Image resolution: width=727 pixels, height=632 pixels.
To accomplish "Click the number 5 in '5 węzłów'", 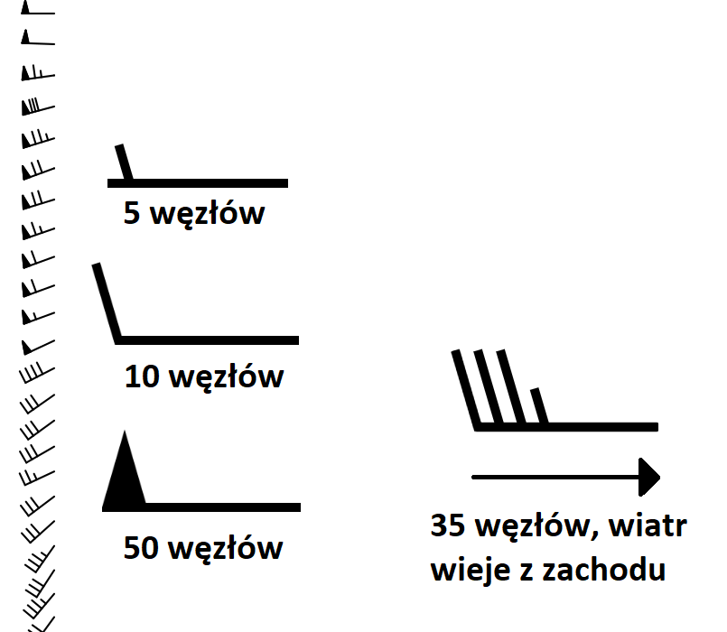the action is coord(132,213).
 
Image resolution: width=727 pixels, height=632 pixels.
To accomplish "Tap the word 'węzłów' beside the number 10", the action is coord(227,377).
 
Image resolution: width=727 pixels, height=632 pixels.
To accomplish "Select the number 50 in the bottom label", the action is coord(141,548).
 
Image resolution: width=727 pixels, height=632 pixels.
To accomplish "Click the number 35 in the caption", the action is coord(448,525).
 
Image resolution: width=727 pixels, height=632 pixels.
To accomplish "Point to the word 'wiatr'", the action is coord(648,525).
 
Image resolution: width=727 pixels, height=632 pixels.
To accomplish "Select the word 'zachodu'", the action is coord(604,570).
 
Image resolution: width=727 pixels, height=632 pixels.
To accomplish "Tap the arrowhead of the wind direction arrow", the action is coord(649,477).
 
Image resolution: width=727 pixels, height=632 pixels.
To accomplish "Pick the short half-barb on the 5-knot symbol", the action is coord(124,163).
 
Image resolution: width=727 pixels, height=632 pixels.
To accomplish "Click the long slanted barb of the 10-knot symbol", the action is coord(107,303).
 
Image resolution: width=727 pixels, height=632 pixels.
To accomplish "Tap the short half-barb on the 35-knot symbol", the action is coord(539,405).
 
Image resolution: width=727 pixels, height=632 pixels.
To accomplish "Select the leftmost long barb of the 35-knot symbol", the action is coord(465,390).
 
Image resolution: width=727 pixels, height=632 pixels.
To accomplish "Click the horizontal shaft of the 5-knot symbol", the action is coord(198,183).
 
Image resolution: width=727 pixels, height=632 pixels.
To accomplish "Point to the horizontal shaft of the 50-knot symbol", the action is coord(201,507).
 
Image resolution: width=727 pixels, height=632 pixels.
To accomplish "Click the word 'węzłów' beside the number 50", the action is coord(226,549).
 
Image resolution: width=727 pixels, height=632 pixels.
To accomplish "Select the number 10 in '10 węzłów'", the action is coord(143,376).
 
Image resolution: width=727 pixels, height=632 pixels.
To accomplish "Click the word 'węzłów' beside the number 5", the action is coord(208,214).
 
